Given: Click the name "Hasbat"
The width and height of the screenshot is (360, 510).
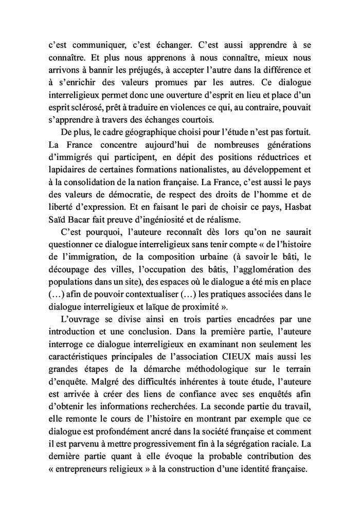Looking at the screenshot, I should (x=295, y=206).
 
